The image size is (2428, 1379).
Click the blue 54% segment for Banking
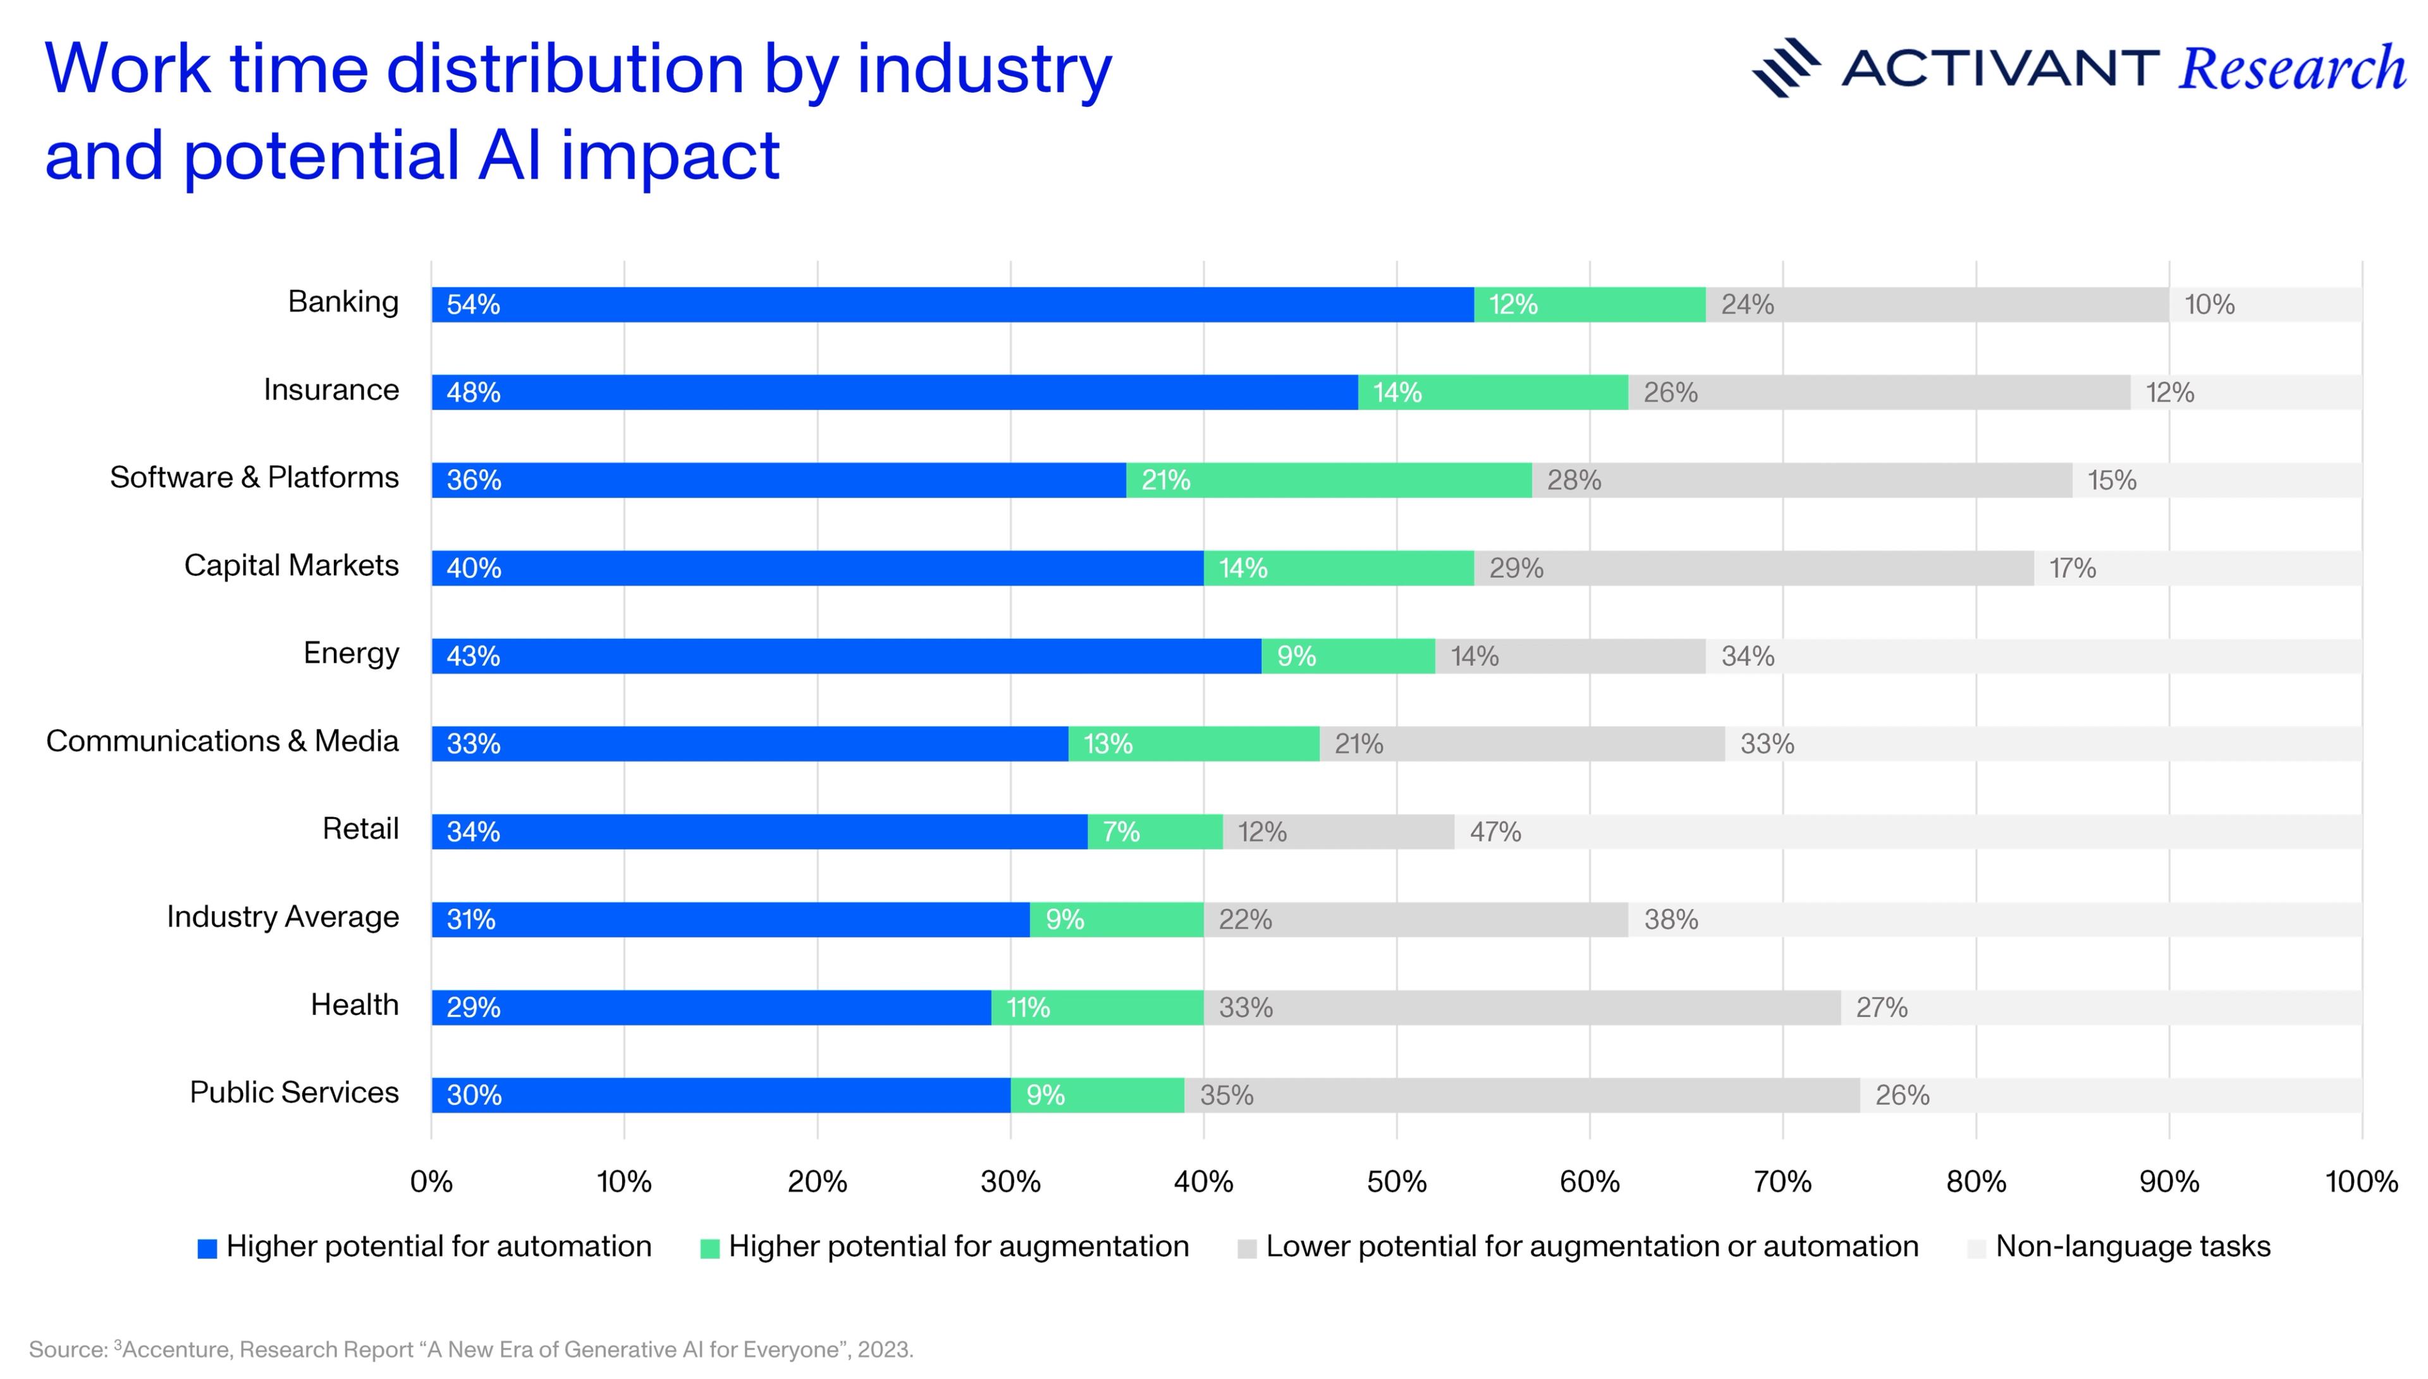click(952, 304)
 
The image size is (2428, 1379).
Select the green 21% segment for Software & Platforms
click(1328, 480)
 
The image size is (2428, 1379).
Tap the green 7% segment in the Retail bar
click(1155, 832)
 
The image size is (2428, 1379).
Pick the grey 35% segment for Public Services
click(1521, 1095)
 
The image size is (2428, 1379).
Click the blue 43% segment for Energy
click(846, 655)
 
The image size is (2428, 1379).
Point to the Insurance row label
click(331, 389)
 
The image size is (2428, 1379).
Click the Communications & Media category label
click(222, 741)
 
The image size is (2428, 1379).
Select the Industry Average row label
click(282, 917)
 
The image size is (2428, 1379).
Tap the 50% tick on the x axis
click(1396, 1181)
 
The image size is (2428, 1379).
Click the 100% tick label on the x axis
click(2361, 1181)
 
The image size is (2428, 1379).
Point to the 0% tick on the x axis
click(431, 1181)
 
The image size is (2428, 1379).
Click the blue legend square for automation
click(207, 1248)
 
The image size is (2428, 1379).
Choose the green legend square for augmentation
click(709, 1248)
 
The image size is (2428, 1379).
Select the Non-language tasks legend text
click(2133, 1246)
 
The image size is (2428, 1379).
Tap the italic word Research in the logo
click(2291, 68)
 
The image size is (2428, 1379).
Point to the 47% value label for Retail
click(1495, 832)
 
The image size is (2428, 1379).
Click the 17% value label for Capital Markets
click(2072, 568)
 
